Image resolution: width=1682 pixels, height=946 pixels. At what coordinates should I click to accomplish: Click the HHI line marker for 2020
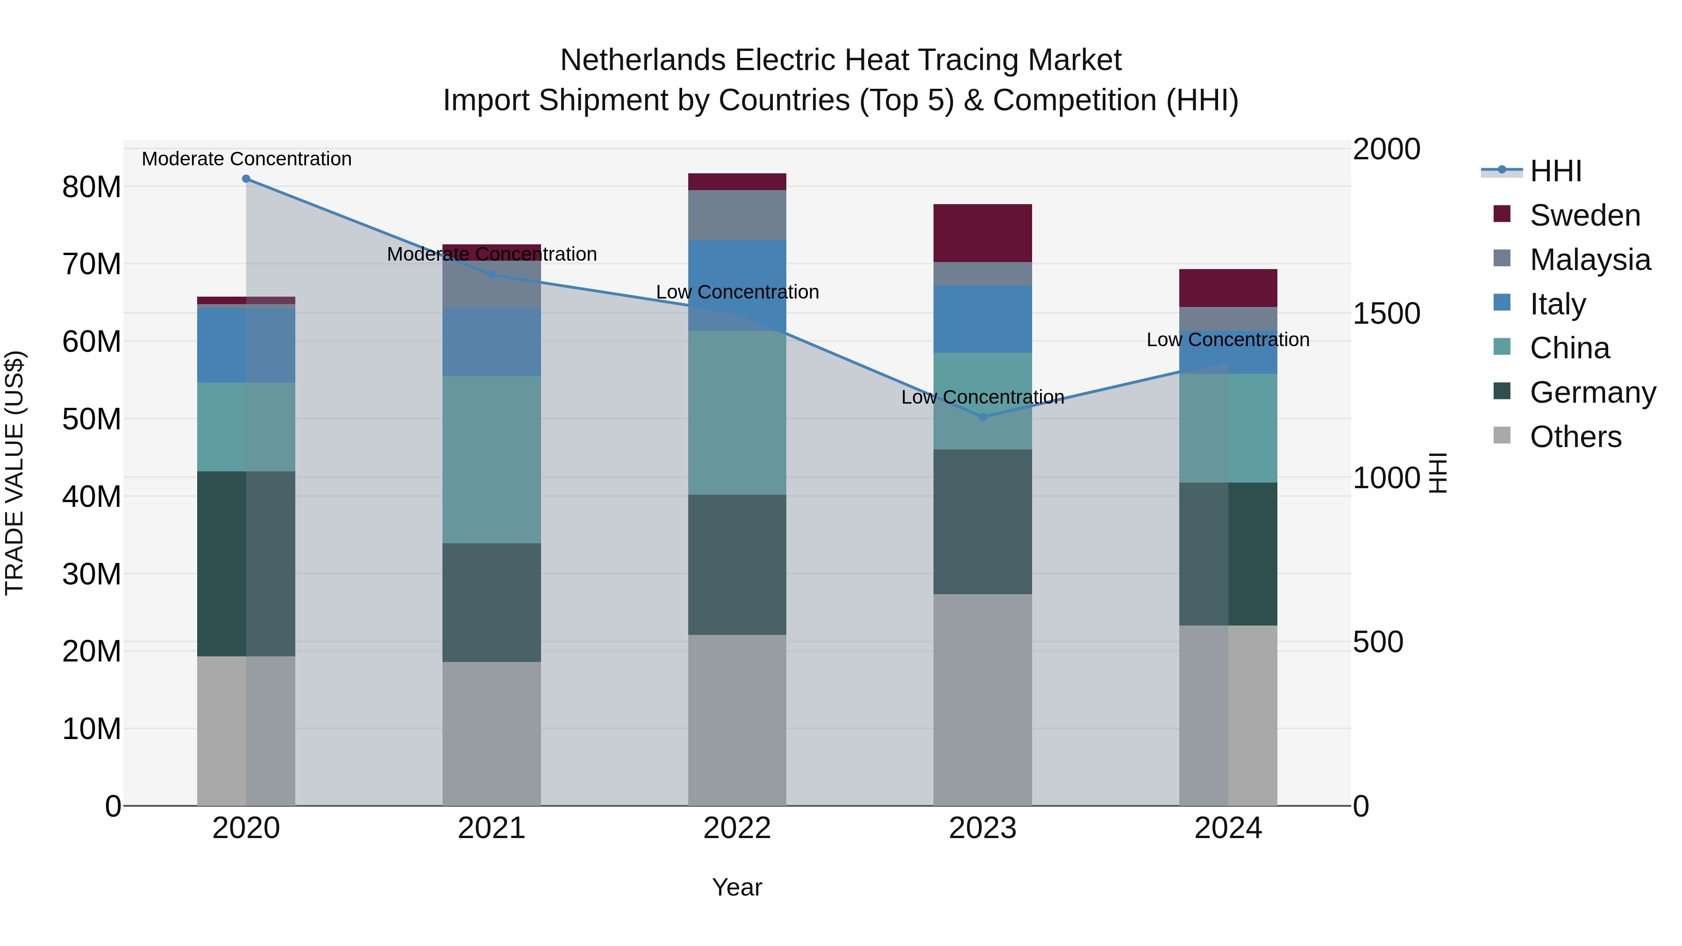click(x=246, y=179)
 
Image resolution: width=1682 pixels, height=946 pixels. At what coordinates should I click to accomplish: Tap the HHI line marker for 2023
click(x=983, y=417)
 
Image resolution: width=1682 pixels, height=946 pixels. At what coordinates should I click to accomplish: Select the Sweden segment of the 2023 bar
click(x=983, y=233)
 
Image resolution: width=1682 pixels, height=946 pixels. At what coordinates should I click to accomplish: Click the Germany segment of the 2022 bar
click(x=737, y=565)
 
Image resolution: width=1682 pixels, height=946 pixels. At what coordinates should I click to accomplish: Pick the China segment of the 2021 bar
click(x=492, y=460)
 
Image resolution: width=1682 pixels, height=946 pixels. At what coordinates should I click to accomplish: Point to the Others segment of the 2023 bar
click(x=983, y=699)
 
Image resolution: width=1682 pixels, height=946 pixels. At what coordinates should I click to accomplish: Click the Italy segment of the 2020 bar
click(x=246, y=345)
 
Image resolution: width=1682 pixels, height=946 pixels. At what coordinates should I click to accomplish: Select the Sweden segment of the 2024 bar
click(x=1228, y=288)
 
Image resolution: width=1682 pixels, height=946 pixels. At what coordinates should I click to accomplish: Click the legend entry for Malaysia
click(x=1589, y=260)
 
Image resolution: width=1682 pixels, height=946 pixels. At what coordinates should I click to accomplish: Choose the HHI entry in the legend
click(x=1555, y=171)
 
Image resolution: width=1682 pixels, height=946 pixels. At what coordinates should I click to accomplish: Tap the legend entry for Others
click(x=1575, y=437)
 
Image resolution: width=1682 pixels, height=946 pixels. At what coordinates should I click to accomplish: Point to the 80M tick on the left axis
click(x=92, y=187)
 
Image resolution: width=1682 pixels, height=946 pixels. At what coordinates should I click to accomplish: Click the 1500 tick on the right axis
click(x=1386, y=313)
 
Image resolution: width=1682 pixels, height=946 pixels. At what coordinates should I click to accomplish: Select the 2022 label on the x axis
click(x=737, y=828)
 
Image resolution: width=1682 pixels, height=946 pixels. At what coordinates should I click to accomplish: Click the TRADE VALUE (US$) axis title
click(x=14, y=473)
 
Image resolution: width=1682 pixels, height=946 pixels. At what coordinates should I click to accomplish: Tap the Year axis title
click(x=737, y=887)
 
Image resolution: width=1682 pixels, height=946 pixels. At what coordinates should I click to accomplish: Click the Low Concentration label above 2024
click(x=1228, y=340)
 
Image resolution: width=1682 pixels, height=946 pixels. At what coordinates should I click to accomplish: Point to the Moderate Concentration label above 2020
click(x=246, y=159)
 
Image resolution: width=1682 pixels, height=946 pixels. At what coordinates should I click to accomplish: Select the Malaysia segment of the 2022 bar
click(x=737, y=215)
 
